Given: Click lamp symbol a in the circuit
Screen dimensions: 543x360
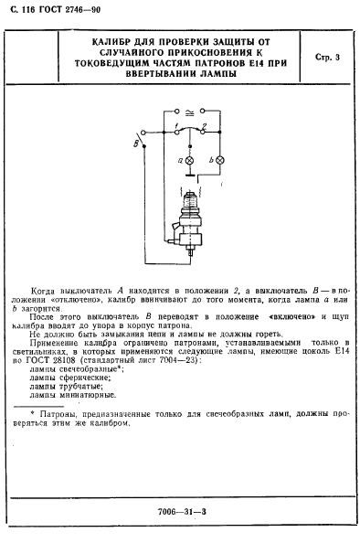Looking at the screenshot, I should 190,160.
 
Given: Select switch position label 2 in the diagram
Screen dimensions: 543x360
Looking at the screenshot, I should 206,122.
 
